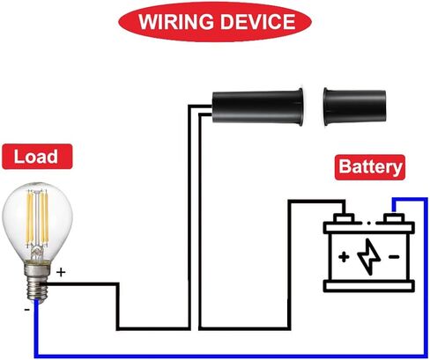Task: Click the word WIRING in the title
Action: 176,21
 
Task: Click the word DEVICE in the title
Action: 258,21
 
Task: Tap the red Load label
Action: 37,157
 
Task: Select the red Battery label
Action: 370,167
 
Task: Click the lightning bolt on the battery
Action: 369,256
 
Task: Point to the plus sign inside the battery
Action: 344,257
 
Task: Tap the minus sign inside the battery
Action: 394,257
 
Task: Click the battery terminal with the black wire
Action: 344,217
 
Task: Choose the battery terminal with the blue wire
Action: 394,217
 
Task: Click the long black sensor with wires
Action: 258,107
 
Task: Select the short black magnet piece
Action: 354,107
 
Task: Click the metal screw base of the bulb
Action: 36,283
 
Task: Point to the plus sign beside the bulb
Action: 61,273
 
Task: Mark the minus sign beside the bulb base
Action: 27,310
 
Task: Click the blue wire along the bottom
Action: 231,356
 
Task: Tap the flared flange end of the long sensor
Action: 300,107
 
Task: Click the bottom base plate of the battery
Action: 369,286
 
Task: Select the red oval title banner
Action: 215,22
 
